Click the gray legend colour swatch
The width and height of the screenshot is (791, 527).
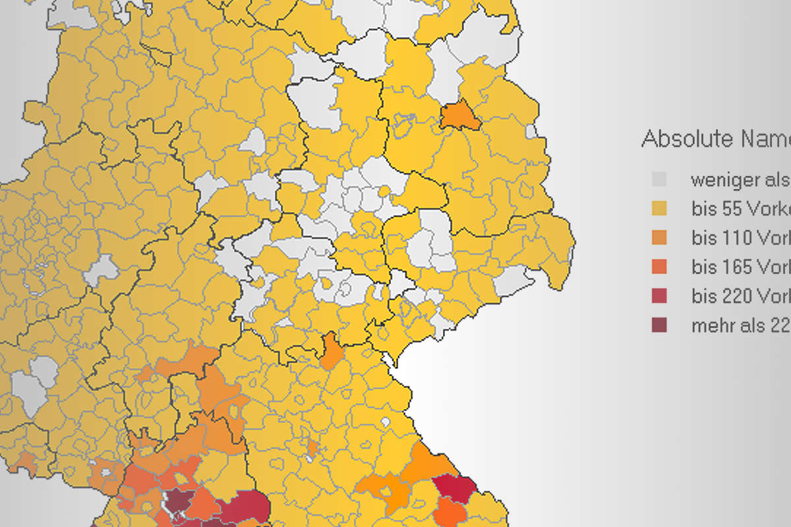tap(659, 179)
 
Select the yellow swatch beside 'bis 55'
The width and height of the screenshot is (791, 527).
tap(659, 209)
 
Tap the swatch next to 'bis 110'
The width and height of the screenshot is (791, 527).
tap(659, 238)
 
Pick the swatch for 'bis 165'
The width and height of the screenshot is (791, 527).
tap(659, 267)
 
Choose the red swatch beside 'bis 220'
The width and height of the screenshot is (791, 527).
tap(659, 296)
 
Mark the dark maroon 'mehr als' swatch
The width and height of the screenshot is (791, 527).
tap(659, 325)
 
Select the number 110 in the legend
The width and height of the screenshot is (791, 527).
tap(738, 238)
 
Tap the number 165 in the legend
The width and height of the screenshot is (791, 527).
tap(738, 267)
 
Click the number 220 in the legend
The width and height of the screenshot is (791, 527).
tap(738, 296)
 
